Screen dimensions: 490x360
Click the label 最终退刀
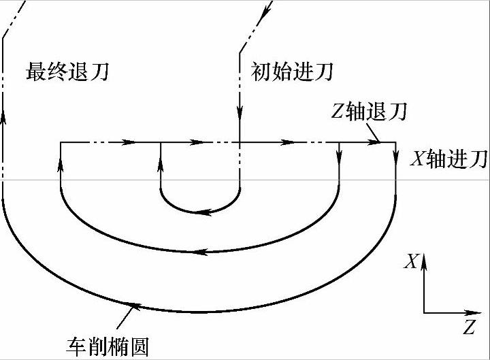coord(67,71)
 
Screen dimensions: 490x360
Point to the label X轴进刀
coord(448,159)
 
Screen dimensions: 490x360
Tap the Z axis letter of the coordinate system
coord(469,328)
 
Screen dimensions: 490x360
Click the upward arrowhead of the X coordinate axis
coord(424,259)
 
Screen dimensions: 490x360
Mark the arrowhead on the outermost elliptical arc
coord(134,304)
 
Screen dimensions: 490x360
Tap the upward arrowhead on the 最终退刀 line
coord(3,116)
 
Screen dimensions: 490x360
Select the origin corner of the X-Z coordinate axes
coord(424,313)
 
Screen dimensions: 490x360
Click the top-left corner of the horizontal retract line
coord(61,142)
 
